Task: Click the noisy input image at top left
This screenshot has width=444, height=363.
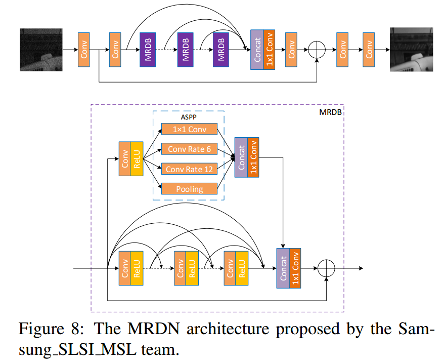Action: [40, 50]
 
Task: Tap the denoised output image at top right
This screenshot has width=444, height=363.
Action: [411, 50]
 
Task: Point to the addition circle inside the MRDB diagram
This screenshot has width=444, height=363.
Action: [327, 268]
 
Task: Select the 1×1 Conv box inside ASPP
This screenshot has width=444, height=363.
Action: [189, 129]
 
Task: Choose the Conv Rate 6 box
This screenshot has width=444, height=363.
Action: [189, 149]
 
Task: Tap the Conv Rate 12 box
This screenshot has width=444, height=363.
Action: [189, 169]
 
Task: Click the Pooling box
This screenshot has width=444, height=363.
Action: [189, 189]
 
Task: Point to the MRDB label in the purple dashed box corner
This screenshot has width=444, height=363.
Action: [331, 111]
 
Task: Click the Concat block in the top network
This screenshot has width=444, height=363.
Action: [257, 50]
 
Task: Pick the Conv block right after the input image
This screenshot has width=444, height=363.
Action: [84, 50]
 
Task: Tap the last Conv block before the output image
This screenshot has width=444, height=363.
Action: [369, 50]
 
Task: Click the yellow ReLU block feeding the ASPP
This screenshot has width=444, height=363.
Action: [137, 158]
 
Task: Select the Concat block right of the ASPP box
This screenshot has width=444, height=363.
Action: [241, 157]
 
